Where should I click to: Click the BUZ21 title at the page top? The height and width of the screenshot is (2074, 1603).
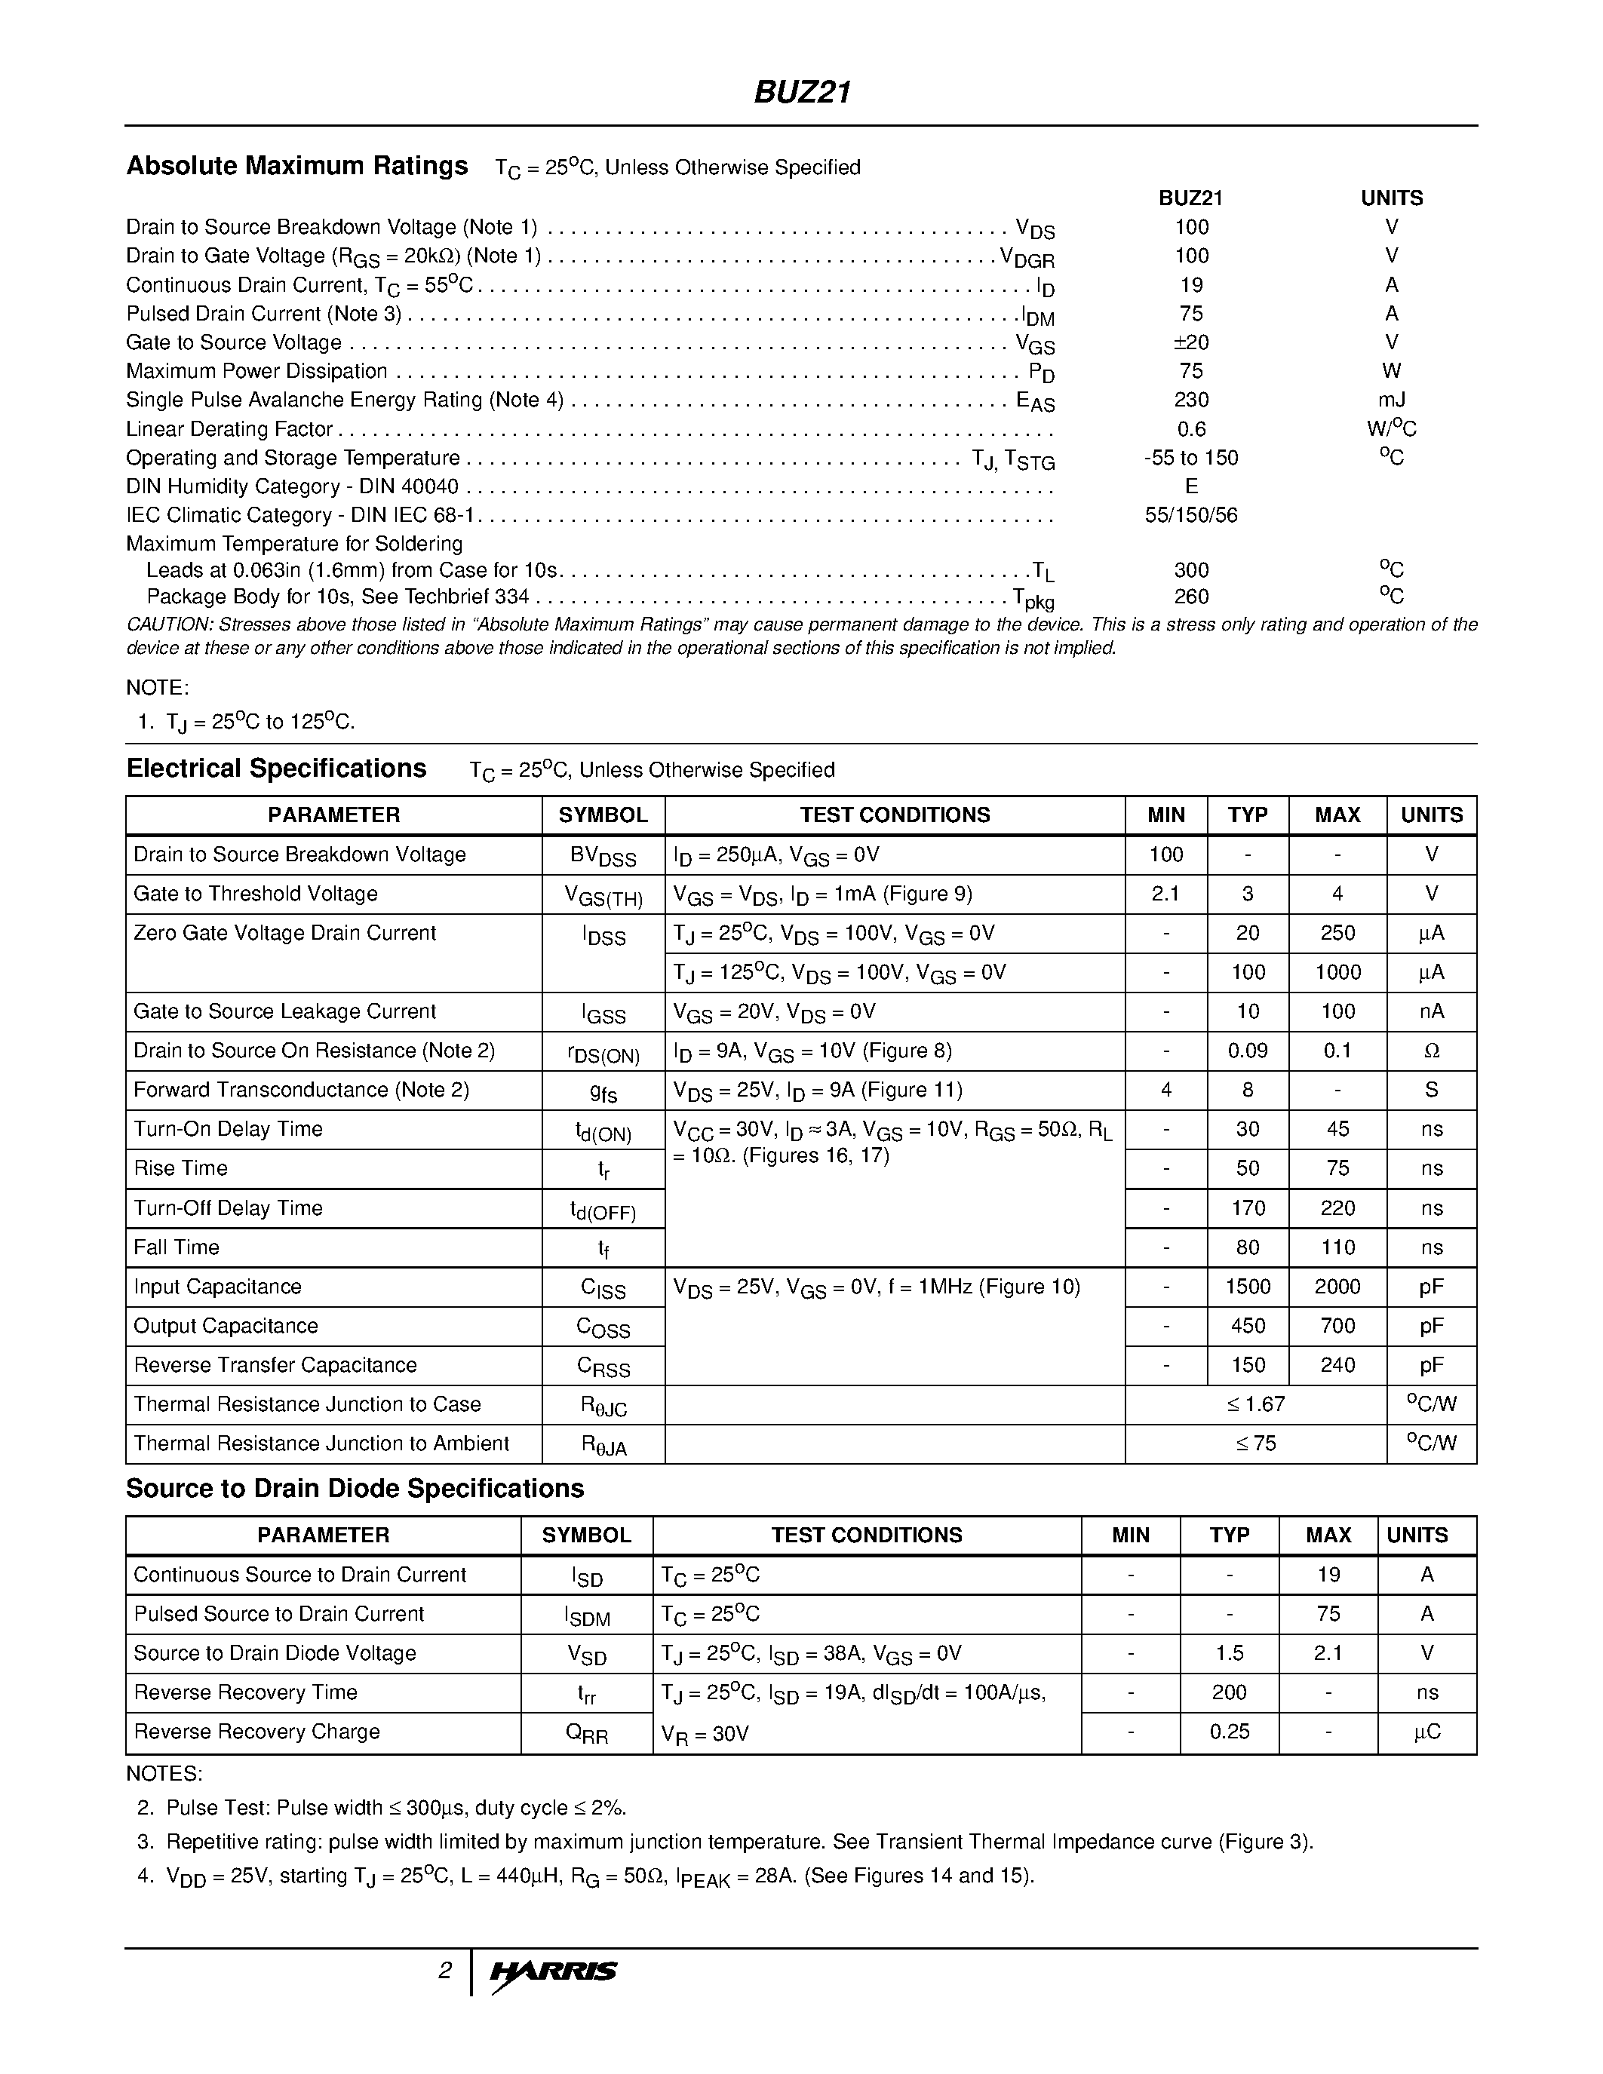pyautogui.click(x=801, y=92)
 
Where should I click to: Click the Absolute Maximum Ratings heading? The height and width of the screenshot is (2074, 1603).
pyautogui.click(x=296, y=166)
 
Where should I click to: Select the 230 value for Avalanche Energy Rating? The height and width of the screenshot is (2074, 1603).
pyautogui.click(x=1191, y=400)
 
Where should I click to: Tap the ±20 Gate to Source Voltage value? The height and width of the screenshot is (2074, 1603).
pyautogui.click(x=1191, y=342)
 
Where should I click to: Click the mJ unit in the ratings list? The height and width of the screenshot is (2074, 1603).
pyautogui.click(x=1391, y=400)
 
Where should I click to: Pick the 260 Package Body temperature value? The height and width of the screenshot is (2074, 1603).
pyautogui.click(x=1191, y=597)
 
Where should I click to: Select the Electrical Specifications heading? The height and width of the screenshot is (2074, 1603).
pyautogui.click(x=276, y=769)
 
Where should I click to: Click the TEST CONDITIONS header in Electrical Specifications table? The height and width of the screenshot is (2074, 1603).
pyautogui.click(x=895, y=815)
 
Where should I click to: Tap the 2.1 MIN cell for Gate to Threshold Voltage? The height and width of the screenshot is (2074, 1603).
pyautogui.click(x=1165, y=894)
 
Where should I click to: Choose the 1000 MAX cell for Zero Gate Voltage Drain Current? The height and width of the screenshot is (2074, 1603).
pyautogui.click(x=1337, y=972)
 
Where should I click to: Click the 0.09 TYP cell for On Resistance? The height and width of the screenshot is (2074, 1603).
pyautogui.click(x=1247, y=1051)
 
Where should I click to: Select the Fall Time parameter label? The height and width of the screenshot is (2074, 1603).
pyautogui.click(x=177, y=1247)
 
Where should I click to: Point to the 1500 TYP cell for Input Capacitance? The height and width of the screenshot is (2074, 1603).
pyautogui.click(x=1247, y=1287)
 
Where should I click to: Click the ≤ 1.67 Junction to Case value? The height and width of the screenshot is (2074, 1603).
pyautogui.click(x=1255, y=1404)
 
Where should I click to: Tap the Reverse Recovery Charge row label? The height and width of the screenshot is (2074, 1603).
pyautogui.click(x=256, y=1731)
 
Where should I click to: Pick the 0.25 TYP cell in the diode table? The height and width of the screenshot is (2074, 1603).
pyautogui.click(x=1229, y=1731)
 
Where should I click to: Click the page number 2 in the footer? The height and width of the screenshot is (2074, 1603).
pyautogui.click(x=444, y=1971)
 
